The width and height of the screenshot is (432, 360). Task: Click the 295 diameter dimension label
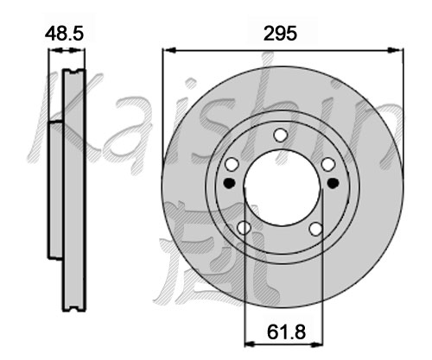tap(280, 34)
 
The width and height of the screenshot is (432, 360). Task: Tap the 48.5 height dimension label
tap(64, 34)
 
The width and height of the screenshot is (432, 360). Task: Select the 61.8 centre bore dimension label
tap(286, 332)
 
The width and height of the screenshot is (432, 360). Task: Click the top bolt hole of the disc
tap(281, 135)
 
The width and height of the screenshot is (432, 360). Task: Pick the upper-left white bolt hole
tap(232, 164)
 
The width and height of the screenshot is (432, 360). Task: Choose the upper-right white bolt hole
tap(328, 164)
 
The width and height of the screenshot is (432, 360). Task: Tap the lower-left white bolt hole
tap(244, 228)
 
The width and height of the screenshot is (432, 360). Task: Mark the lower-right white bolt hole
tap(316, 229)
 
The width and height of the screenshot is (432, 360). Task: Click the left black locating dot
tap(230, 183)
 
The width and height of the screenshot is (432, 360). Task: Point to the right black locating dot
tap(334, 183)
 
